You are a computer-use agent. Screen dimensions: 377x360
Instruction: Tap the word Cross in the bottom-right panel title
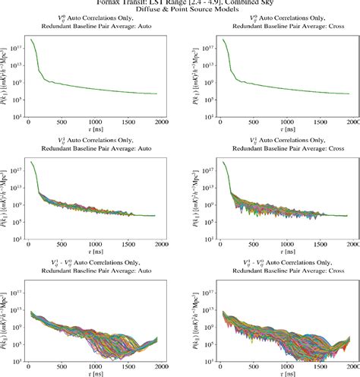324,270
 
